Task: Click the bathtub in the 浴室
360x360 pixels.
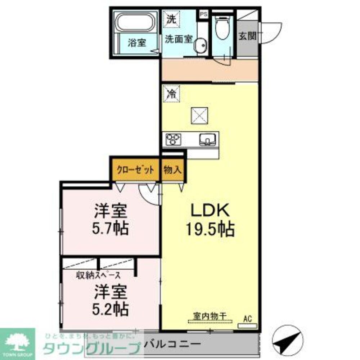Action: point(135,22)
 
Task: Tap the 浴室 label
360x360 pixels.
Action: point(137,42)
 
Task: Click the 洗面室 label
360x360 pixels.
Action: point(179,39)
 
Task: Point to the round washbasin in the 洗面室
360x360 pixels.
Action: point(200,46)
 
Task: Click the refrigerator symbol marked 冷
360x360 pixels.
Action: point(171,94)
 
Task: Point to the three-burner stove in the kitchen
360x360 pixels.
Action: point(174,139)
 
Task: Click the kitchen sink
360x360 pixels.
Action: point(208,139)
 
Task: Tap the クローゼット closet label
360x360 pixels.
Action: point(135,170)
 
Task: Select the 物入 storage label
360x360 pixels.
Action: point(172,170)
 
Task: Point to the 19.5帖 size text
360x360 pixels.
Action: point(210,229)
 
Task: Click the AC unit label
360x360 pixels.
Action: point(247,318)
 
